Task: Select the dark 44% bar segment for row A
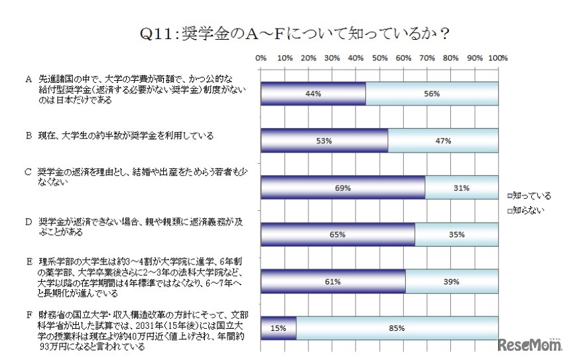[x=313, y=94]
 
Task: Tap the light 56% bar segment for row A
[x=432, y=94]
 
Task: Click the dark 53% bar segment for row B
[x=324, y=141]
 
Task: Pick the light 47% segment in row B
[x=443, y=141]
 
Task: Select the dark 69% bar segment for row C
[x=343, y=188]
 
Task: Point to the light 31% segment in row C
[x=462, y=188]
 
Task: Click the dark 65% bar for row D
[x=338, y=235]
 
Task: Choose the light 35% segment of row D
[x=457, y=235]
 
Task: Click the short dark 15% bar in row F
[x=279, y=328]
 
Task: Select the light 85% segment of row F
[x=397, y=328]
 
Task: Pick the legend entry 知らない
[x=528, y=210]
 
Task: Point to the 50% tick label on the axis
[x=380, y=58]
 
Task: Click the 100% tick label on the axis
[x=498, y=58]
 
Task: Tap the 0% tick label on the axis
[x=261, y=58]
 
